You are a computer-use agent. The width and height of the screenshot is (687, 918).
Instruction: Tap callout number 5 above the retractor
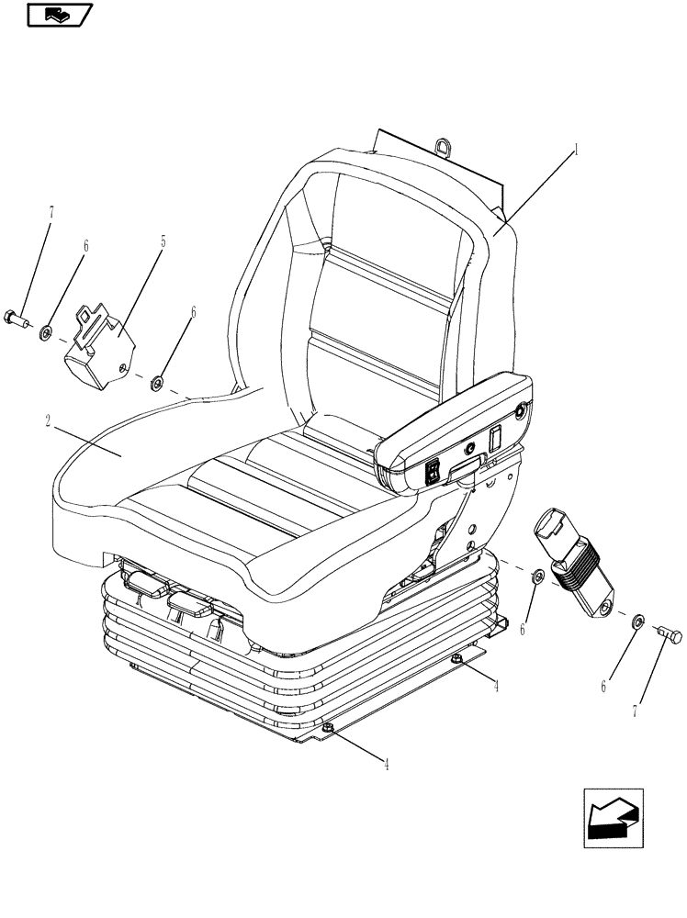point(163,242)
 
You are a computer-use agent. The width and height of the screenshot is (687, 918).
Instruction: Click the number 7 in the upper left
point(51,214)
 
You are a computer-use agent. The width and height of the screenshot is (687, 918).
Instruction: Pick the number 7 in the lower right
point(635,711)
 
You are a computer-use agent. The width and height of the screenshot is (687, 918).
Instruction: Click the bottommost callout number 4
point(386,765)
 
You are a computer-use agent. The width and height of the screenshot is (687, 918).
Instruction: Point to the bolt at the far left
point(22,319)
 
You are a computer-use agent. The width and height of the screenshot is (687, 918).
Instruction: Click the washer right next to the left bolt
point(46,330)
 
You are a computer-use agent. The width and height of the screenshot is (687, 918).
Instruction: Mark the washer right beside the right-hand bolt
point(635,621)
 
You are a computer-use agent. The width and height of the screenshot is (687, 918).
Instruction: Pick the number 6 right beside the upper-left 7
point(85,246)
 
